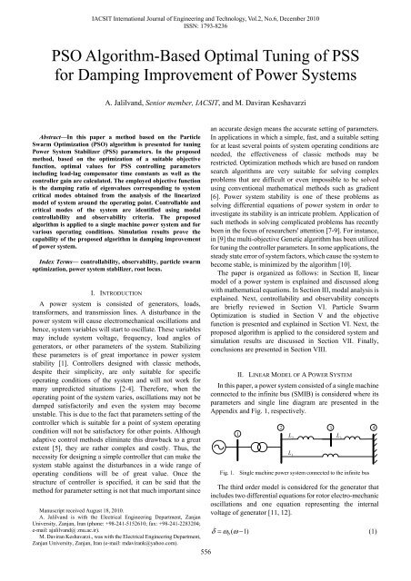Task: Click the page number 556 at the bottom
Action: pos(205,575)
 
